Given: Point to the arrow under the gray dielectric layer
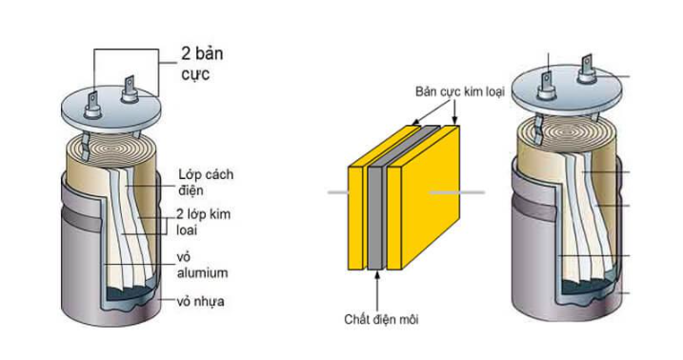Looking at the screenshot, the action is [379, 286].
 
